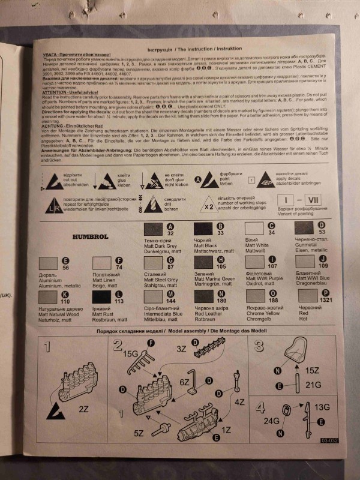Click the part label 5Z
[x=139, y=432]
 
